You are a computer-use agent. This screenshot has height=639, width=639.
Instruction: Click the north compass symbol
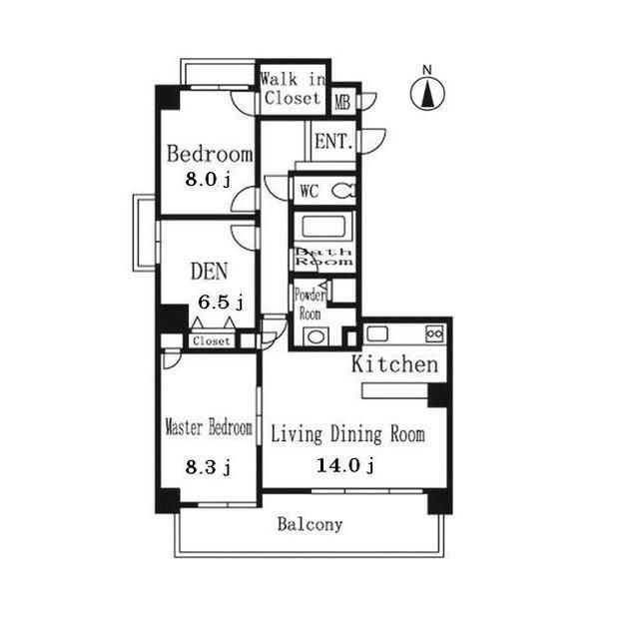click(x=427, y=94)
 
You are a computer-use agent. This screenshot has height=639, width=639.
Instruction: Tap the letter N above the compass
click(x=426, y=70)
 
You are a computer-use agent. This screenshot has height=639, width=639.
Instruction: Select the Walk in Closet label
click(x=293, y=89)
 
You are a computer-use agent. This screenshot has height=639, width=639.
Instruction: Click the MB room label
click(x=342, y=102)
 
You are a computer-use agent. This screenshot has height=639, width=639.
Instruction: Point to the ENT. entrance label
click(x=333, y=142)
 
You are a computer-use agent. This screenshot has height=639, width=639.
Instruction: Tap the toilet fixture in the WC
click(x=343, y=191)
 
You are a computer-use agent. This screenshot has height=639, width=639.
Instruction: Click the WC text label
click(x=310, y=191)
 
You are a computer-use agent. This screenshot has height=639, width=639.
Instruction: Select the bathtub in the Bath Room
click(x=323, y=227)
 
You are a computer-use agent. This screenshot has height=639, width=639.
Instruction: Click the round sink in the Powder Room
click(x=316, y=336)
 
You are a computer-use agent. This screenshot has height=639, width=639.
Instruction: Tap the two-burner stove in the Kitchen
click(x=434, y=333)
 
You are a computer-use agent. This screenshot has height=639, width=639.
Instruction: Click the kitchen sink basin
click(x=377, y=333)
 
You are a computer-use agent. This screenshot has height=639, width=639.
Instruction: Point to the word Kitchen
click(x=395, y=363)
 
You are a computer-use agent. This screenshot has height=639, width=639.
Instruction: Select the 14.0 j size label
click(x=345, y=465)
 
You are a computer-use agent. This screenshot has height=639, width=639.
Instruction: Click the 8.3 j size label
click(x=208, y=467)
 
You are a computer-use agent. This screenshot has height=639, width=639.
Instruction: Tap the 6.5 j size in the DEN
click(x=221, y=303)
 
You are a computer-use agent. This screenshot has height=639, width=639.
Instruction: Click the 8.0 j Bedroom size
click(x=208, y=179)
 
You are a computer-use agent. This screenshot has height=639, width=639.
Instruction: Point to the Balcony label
click(x=310, y=524)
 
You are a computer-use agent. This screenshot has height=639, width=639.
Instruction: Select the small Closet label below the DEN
click(x=212, y=341)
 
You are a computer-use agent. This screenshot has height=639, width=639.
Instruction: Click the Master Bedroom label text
click(x=209, y=428)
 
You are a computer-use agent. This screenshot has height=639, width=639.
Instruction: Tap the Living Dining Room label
click(x=348, y=434)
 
